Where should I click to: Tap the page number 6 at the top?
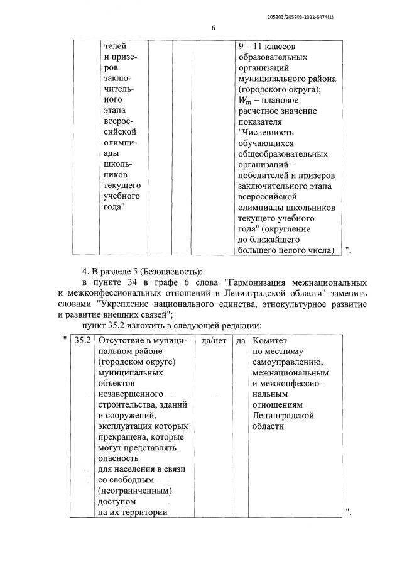pos(214,28)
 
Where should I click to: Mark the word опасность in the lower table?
pos(119,458)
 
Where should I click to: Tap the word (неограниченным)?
pos(135,491)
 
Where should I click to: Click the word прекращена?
pos(125,436)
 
